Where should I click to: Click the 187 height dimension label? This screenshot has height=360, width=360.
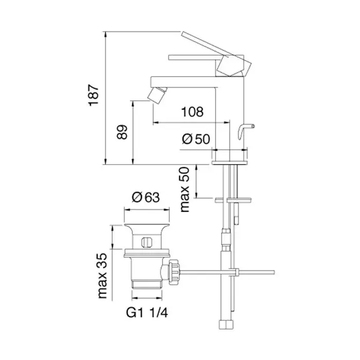(94, 96)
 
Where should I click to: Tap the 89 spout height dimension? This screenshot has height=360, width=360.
(122, 132)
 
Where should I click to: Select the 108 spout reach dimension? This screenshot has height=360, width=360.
(192, 112)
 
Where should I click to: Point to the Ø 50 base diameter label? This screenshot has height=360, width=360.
(196, 139)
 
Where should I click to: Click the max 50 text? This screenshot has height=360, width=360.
(185, 190)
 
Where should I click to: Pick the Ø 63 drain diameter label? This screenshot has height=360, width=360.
(146, 197)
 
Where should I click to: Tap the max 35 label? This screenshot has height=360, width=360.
(102, 276)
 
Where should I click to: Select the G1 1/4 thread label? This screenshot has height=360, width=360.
(147, 313)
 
